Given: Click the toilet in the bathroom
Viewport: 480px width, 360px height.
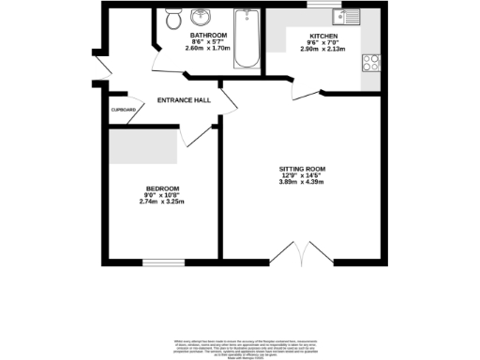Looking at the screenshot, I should [x=172, y=18].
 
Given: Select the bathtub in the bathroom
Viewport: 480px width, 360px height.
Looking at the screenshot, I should [x=246, y=38].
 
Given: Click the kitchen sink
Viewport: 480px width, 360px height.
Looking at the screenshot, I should [x=348, y=17].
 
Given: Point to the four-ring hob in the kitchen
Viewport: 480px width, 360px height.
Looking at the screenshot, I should [x=371, y=63].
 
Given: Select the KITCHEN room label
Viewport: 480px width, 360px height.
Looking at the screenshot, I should [x=324, y=37].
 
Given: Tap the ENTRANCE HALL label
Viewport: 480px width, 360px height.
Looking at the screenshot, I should [x=183, y=99].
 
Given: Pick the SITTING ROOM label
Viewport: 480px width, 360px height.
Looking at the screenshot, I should [x=301, y=169].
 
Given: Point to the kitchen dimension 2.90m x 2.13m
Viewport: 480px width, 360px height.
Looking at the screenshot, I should [x=324, y=50].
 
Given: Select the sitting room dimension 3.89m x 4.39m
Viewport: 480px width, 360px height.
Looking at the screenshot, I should [x=301, y=182].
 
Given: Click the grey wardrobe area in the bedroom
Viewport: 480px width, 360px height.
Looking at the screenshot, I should [x=143, y=144].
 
